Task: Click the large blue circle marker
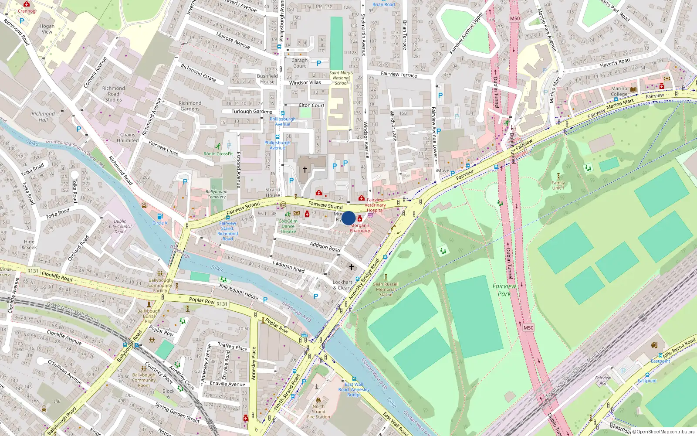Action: (x=348, y=218)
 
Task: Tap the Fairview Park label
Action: (x=504, y=290)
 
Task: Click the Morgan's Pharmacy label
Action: (x=360, y=228)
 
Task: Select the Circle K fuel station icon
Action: (x=160, y=217)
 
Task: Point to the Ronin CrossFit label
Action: (x=218, y=154)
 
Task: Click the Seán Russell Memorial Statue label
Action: (x=386, y=289)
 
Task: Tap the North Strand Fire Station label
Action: (x=318, y=412)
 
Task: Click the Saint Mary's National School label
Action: (x=341, y=78)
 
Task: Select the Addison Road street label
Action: (x=325, y=246)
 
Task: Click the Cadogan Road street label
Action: (x=288, y=266)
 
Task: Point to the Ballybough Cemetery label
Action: (x=217, y=194)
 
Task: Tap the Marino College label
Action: (x=619, y=91)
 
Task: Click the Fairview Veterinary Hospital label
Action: (x=375, y=205)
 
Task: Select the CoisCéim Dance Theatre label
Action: (x=288, y=226)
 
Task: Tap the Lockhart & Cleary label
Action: (x=342, y=285)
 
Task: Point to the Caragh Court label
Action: (x=299, y=63)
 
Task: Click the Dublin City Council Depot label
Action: (x=120, y=226)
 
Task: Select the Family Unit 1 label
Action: (x=558, y=185)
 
